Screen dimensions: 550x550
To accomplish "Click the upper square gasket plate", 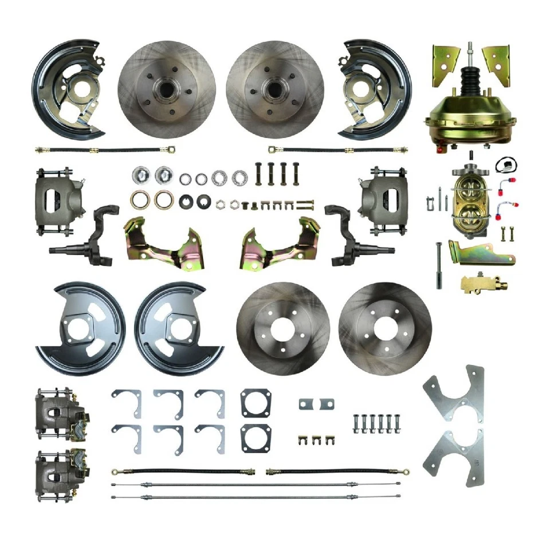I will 253,403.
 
